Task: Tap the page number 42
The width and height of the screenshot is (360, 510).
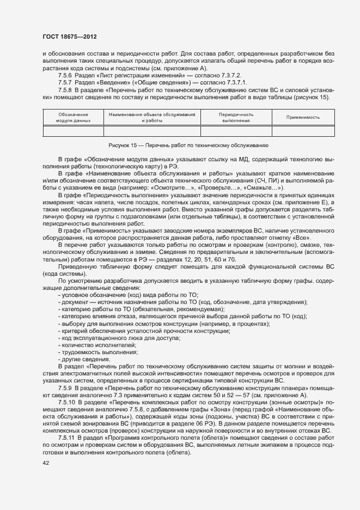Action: (x=46, y=463)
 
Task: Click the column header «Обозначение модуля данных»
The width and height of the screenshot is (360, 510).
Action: (x=74, y=117)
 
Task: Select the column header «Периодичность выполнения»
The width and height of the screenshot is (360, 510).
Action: (x=236, y=117)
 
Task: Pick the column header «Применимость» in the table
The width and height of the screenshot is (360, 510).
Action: (x=303, y=117)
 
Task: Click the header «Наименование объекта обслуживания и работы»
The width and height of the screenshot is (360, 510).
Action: (x=152, y=117)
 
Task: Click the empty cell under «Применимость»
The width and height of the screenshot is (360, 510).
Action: (x=303, y=131)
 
